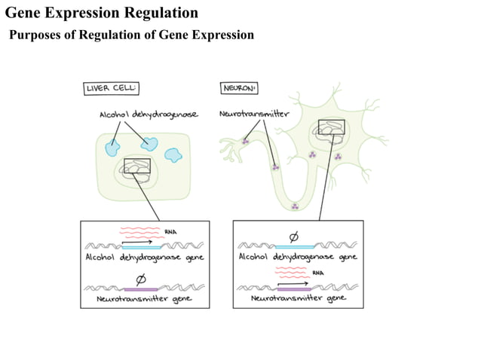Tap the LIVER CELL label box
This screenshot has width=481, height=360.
point(111,88)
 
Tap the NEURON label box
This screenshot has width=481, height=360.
point(239,88)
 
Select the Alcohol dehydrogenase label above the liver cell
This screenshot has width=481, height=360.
point(149,114)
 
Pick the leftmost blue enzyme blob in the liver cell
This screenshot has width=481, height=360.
point(114,146)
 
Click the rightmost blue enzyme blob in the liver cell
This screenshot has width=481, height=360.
point(173,154)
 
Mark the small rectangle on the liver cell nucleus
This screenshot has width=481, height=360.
point(136,166)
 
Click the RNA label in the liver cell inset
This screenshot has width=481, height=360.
point(170,231)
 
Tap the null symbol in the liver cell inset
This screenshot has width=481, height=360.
point(140,278)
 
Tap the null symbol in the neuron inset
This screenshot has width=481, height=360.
point(293,236)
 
